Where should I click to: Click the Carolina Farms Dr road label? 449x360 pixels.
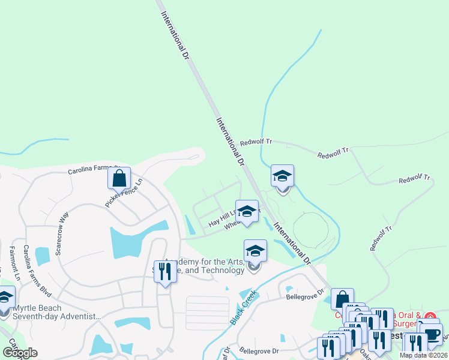(94, 170)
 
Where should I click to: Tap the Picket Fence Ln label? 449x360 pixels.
(125, 193)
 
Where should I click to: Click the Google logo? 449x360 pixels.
(20, 353)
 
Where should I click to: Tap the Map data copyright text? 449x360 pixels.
(423, 355)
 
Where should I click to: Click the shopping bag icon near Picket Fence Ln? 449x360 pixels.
(119, 178)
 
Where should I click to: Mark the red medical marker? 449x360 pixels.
(430, 316)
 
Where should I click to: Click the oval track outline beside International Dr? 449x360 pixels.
(311, 229)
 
